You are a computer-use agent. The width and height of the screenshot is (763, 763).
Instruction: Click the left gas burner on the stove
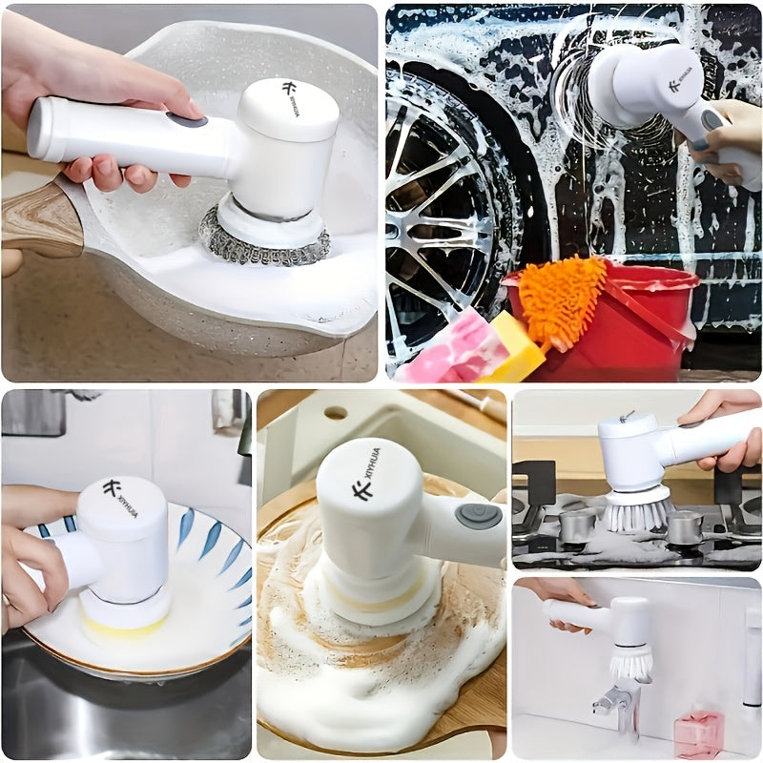click(x=577, y=525)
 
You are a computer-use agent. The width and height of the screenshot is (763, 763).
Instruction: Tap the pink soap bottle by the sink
click(x=696, y=730)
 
